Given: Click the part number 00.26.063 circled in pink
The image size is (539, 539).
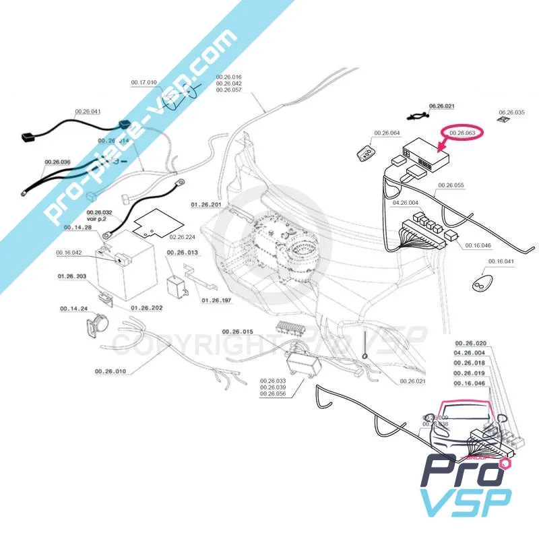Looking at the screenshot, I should tap(462, 133).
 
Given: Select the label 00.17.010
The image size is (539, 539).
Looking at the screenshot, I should tap(144, 82).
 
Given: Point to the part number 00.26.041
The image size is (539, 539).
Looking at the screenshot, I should tap(88, 110).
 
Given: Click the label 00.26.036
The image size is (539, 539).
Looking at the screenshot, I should tap(57, 162).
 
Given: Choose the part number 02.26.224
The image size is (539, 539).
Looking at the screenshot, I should tap(182, 237).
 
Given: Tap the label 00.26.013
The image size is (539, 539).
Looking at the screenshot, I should tap(182, 253).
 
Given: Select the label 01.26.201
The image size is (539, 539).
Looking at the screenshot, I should tap(205, 203).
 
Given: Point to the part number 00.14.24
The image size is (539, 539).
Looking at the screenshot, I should tap(74, 309).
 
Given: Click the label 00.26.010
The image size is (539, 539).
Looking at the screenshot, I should tap(110, 371).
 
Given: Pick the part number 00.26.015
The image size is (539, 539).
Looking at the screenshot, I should tap(237, 332).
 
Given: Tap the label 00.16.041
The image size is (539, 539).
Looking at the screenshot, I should tap(501, 261).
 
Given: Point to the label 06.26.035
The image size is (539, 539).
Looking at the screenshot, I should tap(511, 112).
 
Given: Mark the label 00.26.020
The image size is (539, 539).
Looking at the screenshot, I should tap(470, 343).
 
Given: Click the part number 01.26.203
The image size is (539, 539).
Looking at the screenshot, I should tap(71, 276).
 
